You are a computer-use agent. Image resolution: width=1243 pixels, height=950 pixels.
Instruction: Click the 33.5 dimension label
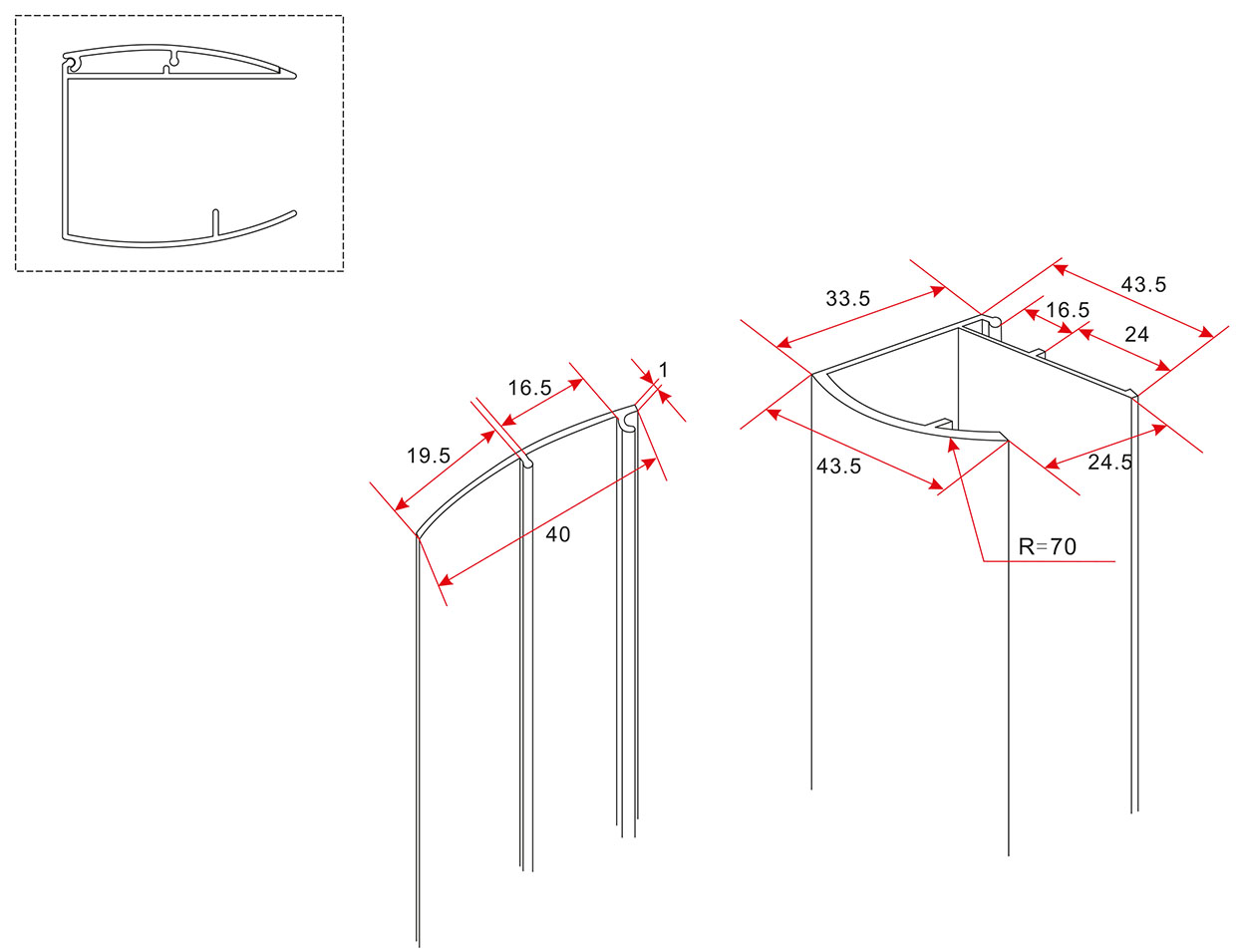pos(847,299)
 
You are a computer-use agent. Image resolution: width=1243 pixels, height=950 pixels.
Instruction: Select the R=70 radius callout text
pos(1047,547)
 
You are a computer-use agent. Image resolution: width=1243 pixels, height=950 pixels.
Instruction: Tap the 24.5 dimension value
pos(1109,463)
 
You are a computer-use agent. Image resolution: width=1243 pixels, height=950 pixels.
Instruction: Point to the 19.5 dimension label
pos(429,456)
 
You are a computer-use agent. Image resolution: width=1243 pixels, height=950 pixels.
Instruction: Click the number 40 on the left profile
pos(558,534)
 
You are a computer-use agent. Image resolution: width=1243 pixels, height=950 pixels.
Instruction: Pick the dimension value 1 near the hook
pos(664,370)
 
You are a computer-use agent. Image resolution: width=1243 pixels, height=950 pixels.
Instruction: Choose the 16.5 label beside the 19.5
pos(529,389)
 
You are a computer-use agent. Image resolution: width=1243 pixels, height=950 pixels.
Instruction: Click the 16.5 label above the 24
pos(1068,310)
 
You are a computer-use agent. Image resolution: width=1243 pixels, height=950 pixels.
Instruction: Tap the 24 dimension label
pos(1136,335)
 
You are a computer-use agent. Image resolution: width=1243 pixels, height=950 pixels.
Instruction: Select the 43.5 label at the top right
pos(1144,285)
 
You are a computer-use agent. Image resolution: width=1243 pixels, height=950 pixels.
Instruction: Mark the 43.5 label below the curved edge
pos(838,467)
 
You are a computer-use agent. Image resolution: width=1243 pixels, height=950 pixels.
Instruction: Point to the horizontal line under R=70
pos(1050,561)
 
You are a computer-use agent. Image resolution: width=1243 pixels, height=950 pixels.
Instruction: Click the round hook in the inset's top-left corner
pos(70,64)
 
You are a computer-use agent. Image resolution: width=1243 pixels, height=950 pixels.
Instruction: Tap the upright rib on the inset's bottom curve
pos(215,222)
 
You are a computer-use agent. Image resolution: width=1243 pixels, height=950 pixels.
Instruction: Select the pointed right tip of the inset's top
pos(293,76)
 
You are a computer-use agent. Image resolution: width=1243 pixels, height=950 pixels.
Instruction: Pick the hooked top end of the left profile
pos(627,420)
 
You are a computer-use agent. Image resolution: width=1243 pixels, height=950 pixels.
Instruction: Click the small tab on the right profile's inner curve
pos(943,424)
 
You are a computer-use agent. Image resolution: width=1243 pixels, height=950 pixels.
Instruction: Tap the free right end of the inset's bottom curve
pos(294,213)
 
